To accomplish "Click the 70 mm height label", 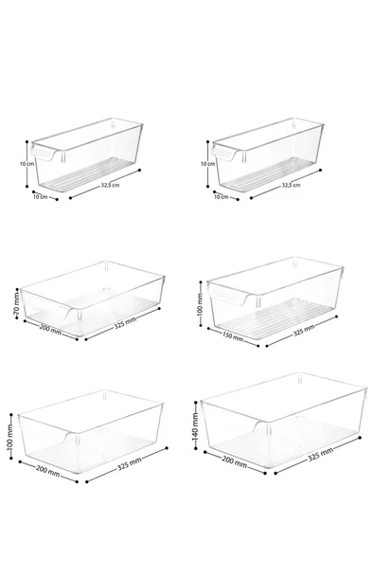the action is [x=16, y=304].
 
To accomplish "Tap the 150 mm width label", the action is [x=233, y=336].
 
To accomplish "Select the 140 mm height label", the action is [x=195, y=426].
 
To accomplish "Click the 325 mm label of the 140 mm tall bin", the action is [x=321, y=453].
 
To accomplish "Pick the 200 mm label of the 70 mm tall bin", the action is [x=50, y=329].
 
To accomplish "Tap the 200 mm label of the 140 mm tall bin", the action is [x=234, y=461].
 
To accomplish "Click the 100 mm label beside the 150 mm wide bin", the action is [x=200, y=304].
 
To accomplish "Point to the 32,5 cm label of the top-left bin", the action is [x=110, y=186].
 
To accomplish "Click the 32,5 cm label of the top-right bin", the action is [x=291, y=186].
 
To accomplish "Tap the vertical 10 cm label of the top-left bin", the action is [x=27, y=164].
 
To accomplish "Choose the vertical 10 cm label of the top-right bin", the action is [x=207, y=164].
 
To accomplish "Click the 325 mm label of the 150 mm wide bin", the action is [x=304, y=331].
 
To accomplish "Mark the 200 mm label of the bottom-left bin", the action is [x=47, y=470].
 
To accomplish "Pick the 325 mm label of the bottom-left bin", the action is [x=130, y=463].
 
